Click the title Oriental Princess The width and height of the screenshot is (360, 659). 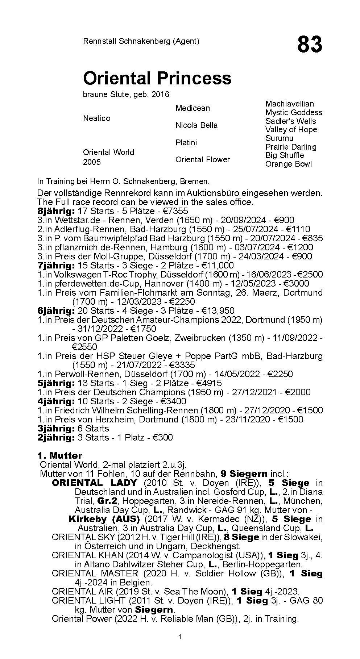point(157,78)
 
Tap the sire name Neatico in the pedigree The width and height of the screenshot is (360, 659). point(96,118)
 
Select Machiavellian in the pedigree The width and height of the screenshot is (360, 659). point(290,104)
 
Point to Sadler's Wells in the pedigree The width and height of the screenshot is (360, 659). point(290,121)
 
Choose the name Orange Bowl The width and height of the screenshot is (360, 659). point(288,164)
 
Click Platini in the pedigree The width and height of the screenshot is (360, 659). point(186,142)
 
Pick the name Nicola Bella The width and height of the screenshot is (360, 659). point(196,125)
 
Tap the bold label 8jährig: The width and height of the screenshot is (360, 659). point(56,211)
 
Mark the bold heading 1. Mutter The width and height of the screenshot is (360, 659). point(59,455)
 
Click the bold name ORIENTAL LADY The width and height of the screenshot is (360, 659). point(95,483)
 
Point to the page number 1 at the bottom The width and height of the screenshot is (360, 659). point(180,647)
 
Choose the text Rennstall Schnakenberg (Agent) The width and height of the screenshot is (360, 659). point(141,41)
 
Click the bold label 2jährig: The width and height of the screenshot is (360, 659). point(56,437)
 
